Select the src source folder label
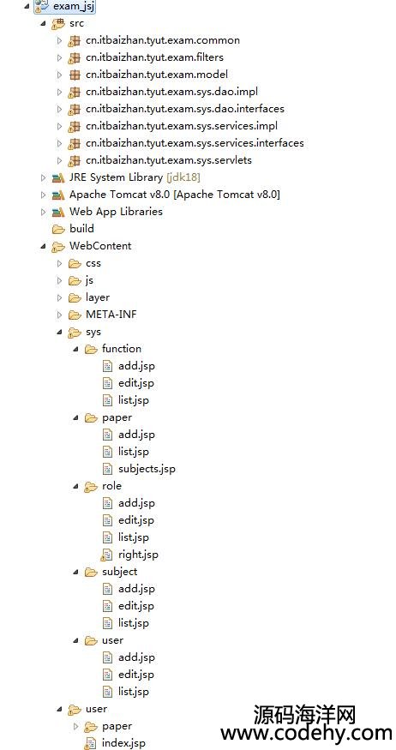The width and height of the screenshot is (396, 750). (x=76, y=23)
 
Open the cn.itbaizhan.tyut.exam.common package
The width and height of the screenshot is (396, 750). (x=163, y=40)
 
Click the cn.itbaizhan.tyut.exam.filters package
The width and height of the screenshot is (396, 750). (x=154, y=57)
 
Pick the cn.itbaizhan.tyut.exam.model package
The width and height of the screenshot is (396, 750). (x=157, y=75)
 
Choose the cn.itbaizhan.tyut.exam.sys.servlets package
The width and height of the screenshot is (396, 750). (x=169, y=160)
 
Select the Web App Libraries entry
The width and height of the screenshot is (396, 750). (x=117, y=212)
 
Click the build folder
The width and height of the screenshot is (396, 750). (x=81, y=229)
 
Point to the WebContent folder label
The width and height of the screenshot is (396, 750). (x=100, y=246)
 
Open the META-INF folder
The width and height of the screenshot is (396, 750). (x=111, y=315)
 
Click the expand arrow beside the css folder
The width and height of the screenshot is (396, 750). (x=59, y=263)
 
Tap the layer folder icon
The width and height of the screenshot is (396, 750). (x=75, y=297)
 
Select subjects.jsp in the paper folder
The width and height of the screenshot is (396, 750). (x=147, y=469)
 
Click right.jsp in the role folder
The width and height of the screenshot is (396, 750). (x=138, y=555)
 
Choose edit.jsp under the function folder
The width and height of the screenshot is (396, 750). (x=136, y=383)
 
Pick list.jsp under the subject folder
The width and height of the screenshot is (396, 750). (x=134, y=623)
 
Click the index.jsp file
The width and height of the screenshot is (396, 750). (x=123, y=743)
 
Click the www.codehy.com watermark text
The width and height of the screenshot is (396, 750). (x=306, y=734)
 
